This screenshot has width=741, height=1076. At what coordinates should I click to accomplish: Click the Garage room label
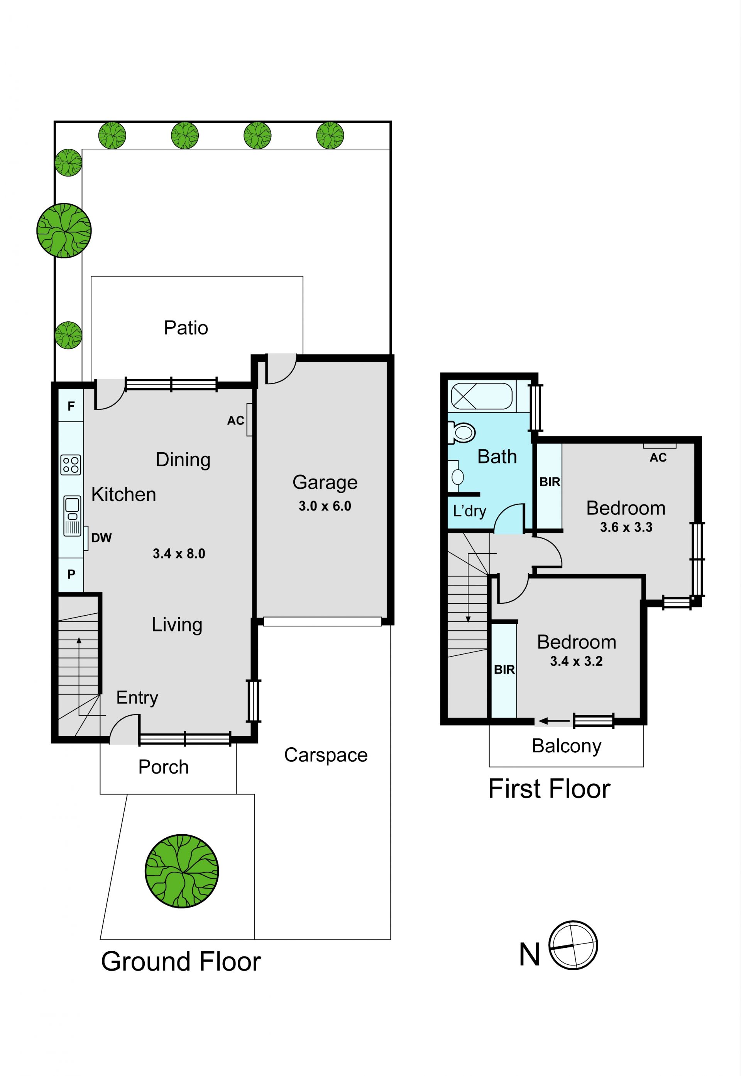click(325, 483)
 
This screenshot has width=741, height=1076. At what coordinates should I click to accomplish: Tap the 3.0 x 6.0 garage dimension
click(325, 506)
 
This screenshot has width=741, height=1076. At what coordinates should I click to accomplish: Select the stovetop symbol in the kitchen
click(71, 465)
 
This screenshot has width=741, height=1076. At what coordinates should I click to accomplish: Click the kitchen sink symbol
click(72, 516)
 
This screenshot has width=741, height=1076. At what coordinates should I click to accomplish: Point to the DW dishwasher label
click(102, 538)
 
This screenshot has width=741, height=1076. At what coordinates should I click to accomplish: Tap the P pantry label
click(71, 574)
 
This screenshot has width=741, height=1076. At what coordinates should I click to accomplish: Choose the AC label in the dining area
click(235, 421)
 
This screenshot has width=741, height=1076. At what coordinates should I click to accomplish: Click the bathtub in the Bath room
click(482, 396)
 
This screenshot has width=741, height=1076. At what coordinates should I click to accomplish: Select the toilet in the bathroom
click(461, 433)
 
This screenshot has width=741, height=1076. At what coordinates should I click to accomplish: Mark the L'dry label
click(469, 511)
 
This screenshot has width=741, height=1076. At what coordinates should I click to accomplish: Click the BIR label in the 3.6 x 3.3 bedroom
click(550, 482)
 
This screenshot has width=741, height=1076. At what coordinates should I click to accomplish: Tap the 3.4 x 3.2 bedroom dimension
click(576, 661)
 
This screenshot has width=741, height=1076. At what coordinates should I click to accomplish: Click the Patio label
click(186, 328)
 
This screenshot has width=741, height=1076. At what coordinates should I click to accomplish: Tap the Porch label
click(163, 767)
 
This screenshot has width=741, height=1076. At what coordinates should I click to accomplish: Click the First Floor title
click(549, 789)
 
